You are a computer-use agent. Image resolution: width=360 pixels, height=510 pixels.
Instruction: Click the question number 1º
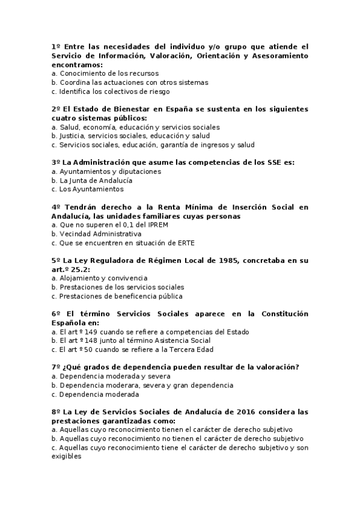click(56, 46)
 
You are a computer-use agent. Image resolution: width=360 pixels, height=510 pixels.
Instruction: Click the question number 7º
click(56, 367)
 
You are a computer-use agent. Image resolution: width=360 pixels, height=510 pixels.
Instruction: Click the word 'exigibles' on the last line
click(67, 456)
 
